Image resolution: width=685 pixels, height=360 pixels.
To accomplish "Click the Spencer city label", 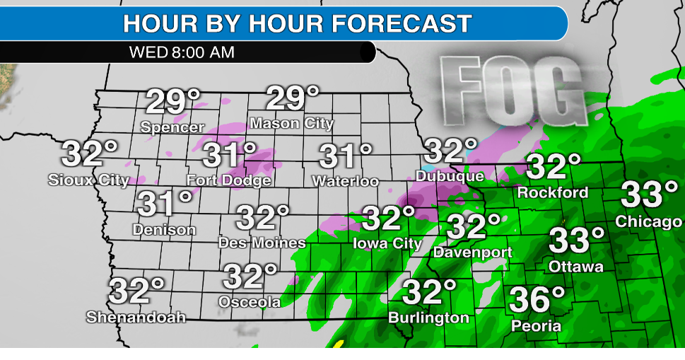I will [172, 128].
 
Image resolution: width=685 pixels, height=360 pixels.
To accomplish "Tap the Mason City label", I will [291, 124].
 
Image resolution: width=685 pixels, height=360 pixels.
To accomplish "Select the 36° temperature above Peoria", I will [537, 299].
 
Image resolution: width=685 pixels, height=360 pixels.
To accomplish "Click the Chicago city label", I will [648, 221].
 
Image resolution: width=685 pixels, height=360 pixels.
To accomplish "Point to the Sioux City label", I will [88, 180].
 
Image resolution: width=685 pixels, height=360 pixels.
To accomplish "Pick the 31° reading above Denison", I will [165, 204].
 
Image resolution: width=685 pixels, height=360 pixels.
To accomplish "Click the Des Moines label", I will [262, 243].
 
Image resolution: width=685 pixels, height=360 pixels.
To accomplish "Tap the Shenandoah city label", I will [136, 318].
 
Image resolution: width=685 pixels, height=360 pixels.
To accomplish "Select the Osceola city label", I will [250, 302].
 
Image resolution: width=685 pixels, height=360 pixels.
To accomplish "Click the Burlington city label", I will [428, 318].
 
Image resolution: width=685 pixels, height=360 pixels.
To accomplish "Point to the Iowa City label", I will [387, 244].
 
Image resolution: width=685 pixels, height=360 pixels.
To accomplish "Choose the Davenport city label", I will [473, 252].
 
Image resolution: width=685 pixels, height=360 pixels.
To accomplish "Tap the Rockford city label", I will [553, 192].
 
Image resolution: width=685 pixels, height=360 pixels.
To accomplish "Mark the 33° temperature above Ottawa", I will [578, 240].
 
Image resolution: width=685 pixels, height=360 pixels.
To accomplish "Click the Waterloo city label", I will [345, 182].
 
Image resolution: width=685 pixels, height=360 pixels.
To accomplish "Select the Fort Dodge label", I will [228, 180].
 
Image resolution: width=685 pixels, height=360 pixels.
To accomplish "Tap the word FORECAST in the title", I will [402, 23].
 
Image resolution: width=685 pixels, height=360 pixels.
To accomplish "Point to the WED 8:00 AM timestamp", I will [182, 52].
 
